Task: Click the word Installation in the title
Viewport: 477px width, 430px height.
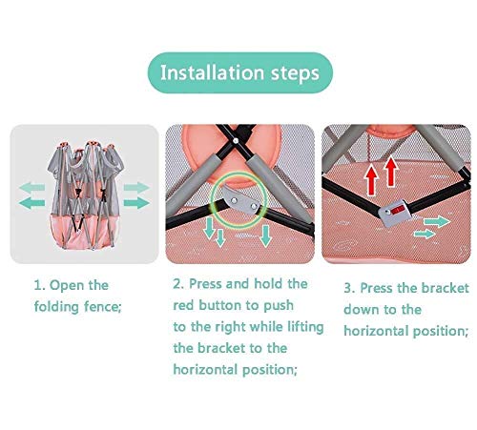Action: tap(212, 72)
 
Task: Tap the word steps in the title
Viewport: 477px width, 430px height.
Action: tap(295, 74)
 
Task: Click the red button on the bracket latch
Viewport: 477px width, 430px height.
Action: tap(398, 210)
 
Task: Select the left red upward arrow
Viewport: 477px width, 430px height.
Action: tap(371, 180)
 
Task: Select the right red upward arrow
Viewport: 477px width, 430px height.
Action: tap(391, 172)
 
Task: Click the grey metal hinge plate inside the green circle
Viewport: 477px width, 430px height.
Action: tap(240, 200)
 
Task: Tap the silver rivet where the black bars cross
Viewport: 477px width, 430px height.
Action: tap(236, 140)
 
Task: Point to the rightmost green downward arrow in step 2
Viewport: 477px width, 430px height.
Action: tap(265, 235)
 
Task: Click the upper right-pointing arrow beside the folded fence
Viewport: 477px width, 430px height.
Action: tap(136, 187)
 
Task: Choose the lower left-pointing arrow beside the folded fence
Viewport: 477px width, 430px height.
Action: tap(31, 203)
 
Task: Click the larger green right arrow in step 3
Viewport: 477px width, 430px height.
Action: tap(437, 221)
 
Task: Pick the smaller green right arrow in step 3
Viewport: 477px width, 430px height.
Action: tap(425, 235)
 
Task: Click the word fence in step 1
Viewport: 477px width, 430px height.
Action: tap(103, 307)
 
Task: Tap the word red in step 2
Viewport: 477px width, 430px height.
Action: tap(182, 306)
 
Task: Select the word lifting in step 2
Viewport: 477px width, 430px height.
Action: tap(305, 327)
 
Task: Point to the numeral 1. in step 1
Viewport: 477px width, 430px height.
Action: tap(40, 285)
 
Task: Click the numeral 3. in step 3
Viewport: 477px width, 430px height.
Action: tap(349, 289)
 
